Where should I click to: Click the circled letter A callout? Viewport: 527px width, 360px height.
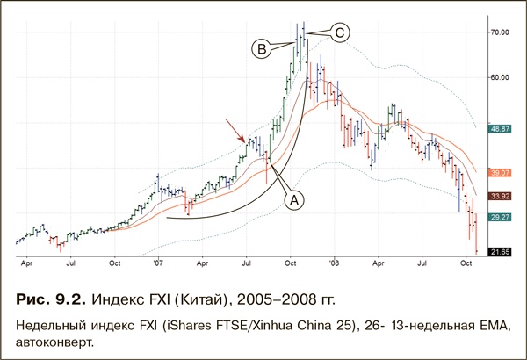click(x=295, y=200)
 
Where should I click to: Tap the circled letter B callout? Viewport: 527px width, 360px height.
click(x=261, y=48)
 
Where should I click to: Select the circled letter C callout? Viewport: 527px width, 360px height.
click(x=340, y=33)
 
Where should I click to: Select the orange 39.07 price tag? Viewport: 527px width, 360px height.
click(x=500, y=174)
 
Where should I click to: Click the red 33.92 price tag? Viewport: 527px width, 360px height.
click(x=500, y=196)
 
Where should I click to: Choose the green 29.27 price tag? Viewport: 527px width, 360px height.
click(x=500, y=216)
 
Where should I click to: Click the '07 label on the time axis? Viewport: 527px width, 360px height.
click(x=158, y=262)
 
